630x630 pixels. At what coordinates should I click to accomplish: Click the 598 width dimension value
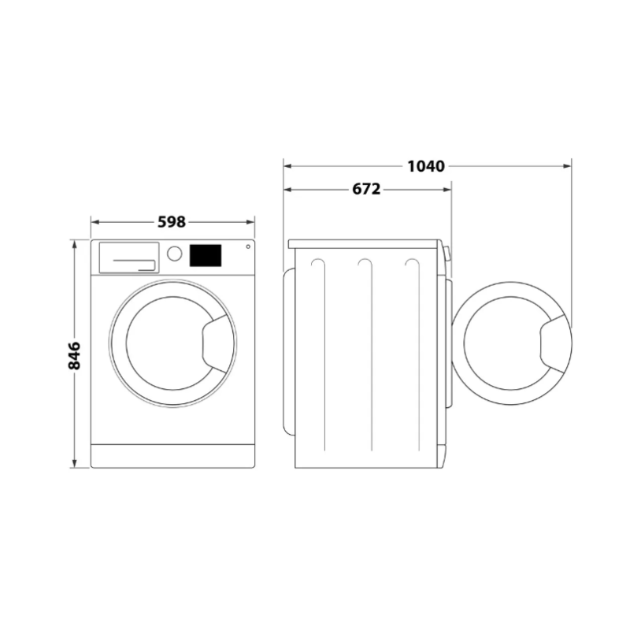[x=171, y=222]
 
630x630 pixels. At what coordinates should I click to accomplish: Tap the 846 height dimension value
[x=75, y=356]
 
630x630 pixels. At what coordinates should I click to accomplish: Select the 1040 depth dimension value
[x=426, y=166]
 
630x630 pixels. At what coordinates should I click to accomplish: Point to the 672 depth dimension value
[x=366, y=189]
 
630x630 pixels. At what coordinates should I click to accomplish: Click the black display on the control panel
[x=205, y=254]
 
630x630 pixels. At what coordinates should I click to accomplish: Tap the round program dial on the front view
[x=175, y=254]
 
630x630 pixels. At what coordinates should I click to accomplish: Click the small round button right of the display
[x=247, y=247]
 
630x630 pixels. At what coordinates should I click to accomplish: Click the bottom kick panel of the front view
[x=173, y=455]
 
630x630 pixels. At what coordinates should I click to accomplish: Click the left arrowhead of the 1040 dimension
[x=288, y=166]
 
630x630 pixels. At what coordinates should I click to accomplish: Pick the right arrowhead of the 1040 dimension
[x=566, y=166]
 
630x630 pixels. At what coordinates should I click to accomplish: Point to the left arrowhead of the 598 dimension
[x=95, y=222]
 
